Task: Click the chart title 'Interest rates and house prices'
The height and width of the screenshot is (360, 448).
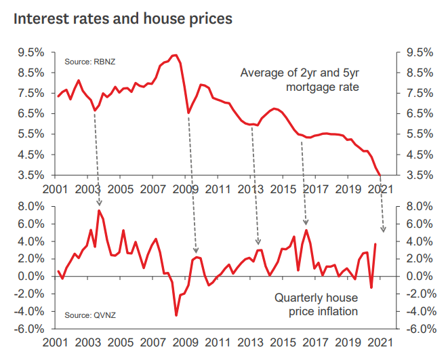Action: (123, 18)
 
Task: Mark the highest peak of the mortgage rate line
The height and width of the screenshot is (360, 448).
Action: (176, 55)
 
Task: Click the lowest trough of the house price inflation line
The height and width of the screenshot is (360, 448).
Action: (176, 315)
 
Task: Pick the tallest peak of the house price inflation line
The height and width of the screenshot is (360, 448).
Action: (99, 211)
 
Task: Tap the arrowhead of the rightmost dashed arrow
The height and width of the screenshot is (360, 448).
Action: (383, 231)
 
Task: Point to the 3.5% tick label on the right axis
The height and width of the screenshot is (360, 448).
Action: (418, 175)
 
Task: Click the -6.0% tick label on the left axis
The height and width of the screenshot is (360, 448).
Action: (29, 329)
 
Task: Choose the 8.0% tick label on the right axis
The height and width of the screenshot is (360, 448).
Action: (418, 206)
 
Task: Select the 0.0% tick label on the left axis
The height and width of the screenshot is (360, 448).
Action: (30, 277)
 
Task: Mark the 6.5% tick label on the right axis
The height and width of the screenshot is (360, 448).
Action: (418, 113)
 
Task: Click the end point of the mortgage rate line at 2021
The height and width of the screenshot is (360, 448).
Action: (380, 174)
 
